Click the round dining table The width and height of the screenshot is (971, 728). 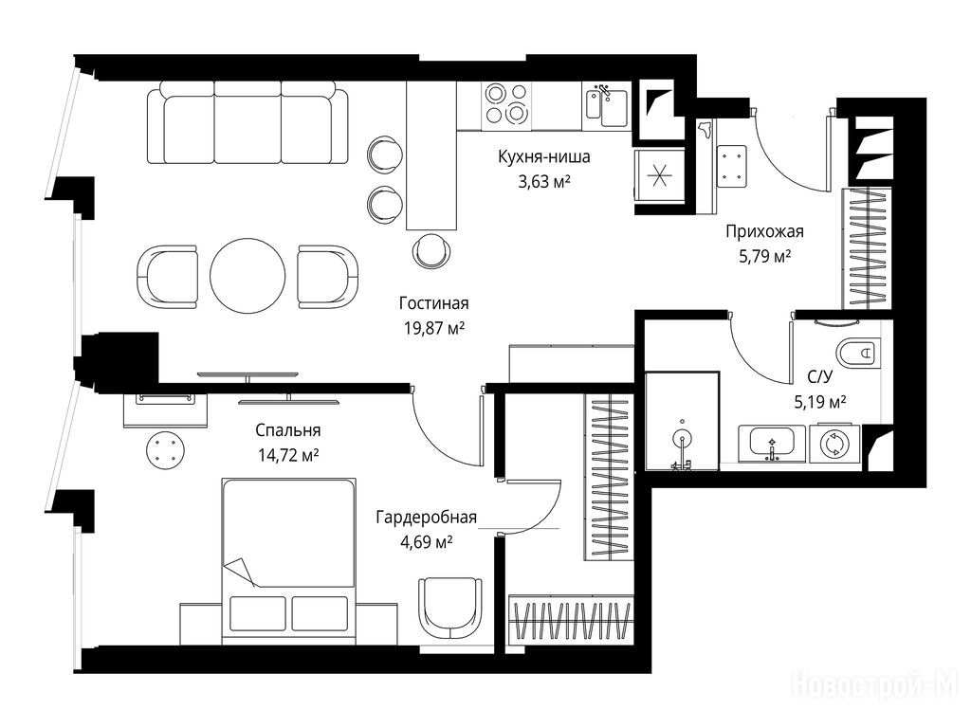coord(247,276)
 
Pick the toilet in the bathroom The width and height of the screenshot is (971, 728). coord(857,354)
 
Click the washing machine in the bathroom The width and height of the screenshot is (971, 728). coord(835,444)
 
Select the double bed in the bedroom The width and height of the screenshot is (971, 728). coord(288,561)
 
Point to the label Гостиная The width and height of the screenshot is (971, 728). coord(433,303)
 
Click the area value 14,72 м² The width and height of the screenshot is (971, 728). coord(288,456)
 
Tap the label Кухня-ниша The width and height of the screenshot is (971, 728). coord(543,156)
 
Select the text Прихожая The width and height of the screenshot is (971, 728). coord(764,231)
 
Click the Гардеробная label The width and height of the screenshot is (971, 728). coord(426,517)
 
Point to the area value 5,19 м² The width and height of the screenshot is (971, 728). coord(820,403)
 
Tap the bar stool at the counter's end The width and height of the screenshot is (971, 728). coord(431,250)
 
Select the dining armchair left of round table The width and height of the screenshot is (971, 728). coord(167,276)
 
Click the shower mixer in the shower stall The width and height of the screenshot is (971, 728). coord(682,444)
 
